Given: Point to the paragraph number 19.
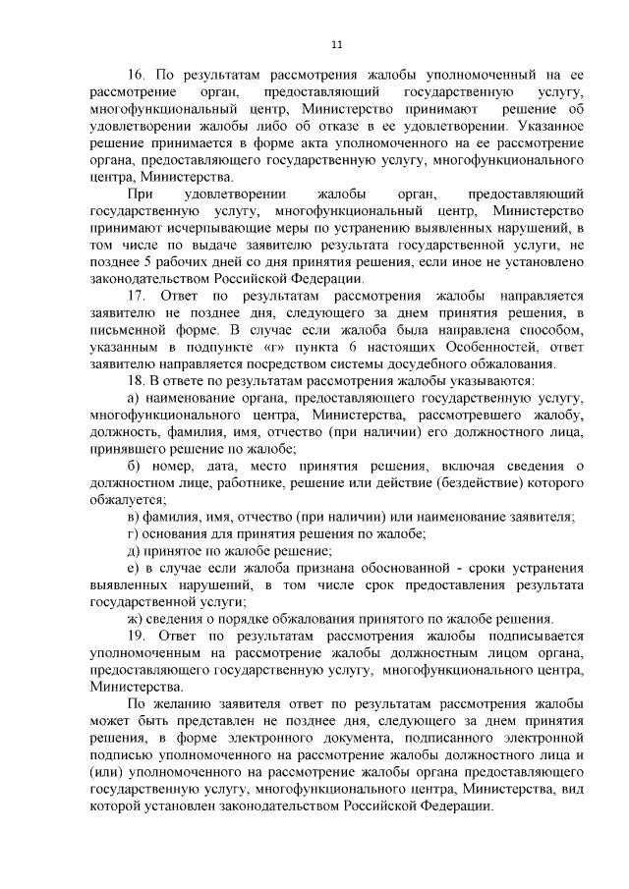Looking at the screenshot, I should coord(138,636).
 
